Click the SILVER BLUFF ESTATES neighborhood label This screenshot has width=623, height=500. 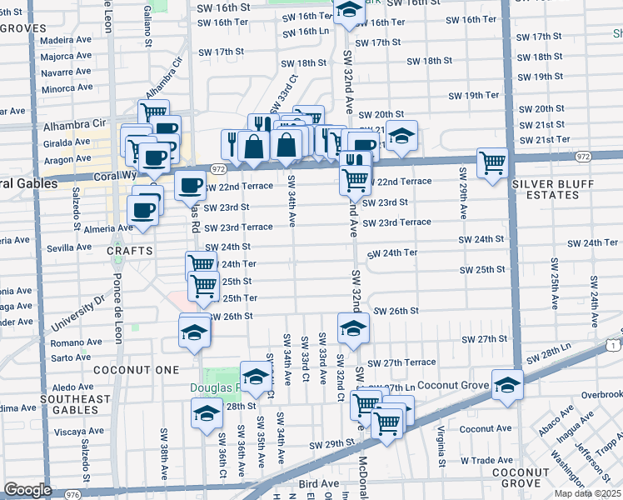[546, 188]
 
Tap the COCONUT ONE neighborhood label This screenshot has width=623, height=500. [135, 369]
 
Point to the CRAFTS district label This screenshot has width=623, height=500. [129, 250]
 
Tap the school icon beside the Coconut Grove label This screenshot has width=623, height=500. [506, 385]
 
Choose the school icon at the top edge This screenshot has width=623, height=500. [348, 9]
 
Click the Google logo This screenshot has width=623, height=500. [27, 490]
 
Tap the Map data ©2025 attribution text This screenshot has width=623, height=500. [586, 493]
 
